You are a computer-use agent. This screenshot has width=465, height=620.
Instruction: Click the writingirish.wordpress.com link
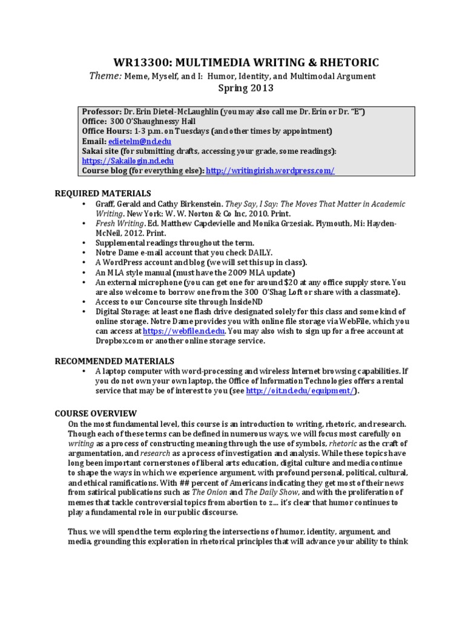coord(270,171)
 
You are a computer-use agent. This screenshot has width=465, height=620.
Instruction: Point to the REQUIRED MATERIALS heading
coord(102,193)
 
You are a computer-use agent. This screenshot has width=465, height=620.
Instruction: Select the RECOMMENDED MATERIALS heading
coord(114,361)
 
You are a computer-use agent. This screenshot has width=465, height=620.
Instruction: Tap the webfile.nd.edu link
coord(186,331)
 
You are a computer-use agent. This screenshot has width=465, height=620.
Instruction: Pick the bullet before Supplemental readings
coord(83,243)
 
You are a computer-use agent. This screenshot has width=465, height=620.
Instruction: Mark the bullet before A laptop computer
coord(83,371)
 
